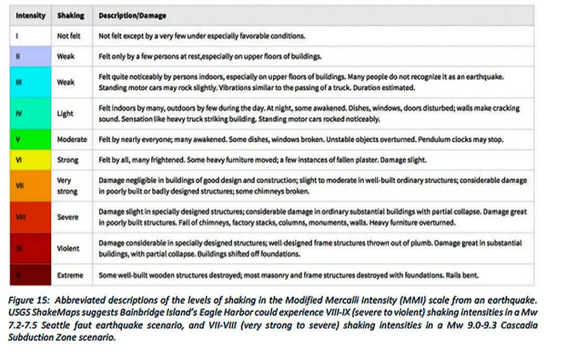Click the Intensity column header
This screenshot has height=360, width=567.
coord(30,16)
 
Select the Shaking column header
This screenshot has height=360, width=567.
coord(70,16)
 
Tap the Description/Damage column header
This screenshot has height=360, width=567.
coord(132,16)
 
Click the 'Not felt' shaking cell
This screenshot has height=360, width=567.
coord(69,36)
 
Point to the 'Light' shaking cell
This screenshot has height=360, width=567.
coord(65,114)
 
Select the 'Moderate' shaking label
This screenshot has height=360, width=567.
coord(72,140)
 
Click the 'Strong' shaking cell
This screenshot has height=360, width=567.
coord(68,160)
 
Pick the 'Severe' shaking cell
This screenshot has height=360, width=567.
coord(68,217)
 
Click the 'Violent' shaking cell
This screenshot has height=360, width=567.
coord(68,248)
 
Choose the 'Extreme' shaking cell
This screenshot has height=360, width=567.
coord(70,275)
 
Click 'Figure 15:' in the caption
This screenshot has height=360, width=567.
coord(32,300)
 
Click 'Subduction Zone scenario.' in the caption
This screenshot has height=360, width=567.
coord(62,338)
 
